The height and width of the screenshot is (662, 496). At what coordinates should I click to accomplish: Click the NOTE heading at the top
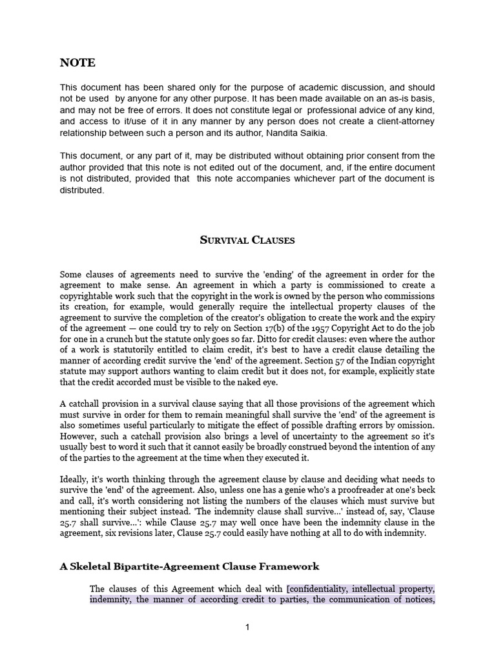(77, 63)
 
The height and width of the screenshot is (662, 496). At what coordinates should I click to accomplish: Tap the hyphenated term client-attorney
(403, 122)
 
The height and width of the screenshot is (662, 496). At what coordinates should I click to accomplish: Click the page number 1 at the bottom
(247, 628)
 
